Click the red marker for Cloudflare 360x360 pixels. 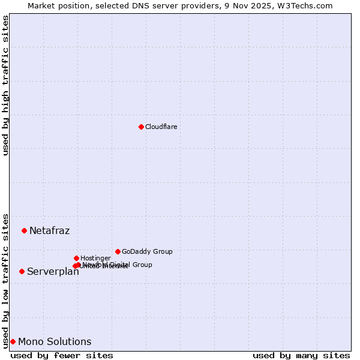141,127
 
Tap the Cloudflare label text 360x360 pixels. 161,127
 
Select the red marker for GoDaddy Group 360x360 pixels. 118,251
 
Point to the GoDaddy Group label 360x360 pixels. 147,251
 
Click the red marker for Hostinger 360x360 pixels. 76,258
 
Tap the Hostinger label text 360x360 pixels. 95,258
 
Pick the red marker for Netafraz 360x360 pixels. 24,230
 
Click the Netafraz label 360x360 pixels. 49,230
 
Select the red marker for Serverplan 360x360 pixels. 22,271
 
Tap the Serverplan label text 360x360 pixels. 53,271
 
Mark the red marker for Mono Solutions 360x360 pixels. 13,341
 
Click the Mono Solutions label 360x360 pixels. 55,341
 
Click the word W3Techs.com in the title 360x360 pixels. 308,5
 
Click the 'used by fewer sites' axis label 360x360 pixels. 62,355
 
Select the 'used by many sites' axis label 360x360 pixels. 301,355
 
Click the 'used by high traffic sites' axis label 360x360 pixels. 5,85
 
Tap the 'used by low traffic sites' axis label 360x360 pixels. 5,280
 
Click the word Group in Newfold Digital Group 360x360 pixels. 142,265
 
